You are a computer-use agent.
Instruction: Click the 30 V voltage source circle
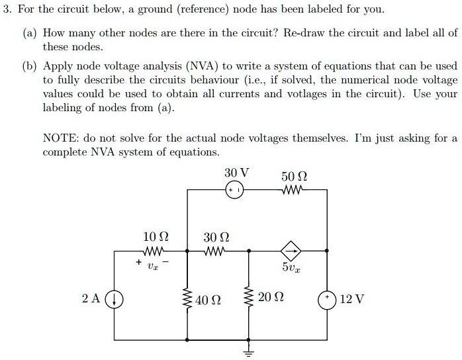click(234, 190)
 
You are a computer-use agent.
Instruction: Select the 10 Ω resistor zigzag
click(155, 251)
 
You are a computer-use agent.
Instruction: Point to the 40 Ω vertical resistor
click(189, 298)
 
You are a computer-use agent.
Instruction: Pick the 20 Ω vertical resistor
click(250, 298)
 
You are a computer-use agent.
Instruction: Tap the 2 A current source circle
click(116, 298)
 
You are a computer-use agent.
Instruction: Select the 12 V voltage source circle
click(328, 298)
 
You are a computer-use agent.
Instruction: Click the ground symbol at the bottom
click(250, 351)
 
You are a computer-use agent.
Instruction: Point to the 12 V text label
click(351, 299)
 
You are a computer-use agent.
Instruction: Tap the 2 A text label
click(91, 298)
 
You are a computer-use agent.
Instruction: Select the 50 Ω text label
click(294, 176)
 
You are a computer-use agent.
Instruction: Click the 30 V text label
click(236, 173)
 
